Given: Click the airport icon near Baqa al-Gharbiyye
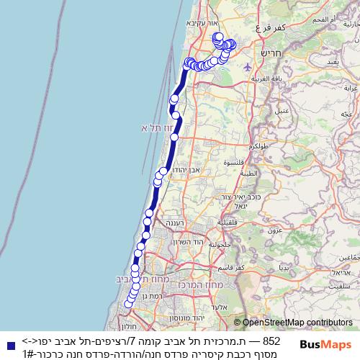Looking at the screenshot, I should coord(248,67).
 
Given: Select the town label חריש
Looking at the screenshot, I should coord(273,52).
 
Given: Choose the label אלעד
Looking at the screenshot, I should coord(242,307).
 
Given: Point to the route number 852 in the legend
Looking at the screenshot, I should coord(271,341).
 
